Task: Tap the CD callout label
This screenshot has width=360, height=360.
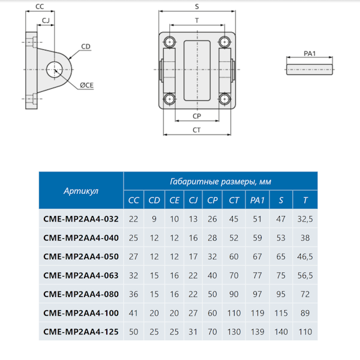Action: click(x=86, y=46)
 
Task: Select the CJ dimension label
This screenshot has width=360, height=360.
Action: click(x=46, y=20)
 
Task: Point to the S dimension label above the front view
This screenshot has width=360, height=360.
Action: click(x=197, y=7)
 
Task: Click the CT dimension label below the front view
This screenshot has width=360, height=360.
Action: click(x=196, y=130)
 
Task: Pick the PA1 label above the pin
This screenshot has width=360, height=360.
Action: click(x=310, y=54)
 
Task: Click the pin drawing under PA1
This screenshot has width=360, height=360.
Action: click(x=310, y=68)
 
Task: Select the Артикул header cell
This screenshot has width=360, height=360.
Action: click(x=81, y=191)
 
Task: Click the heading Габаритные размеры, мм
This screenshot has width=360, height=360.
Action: click(x=220, y=181)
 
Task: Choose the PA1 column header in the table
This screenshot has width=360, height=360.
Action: click(x=257, y=200)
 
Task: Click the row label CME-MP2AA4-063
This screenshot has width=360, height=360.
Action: click(x=81, y=276)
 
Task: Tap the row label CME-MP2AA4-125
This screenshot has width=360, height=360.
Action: click(x=81, y=331)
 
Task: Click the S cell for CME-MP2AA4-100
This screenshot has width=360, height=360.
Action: click(x=281, y=313)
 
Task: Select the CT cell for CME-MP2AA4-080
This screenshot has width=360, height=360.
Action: click(x=234, y=295)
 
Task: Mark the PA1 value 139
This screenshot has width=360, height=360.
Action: click(x=257, y=331)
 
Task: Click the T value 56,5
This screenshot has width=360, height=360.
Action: click(x=305, y=276)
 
